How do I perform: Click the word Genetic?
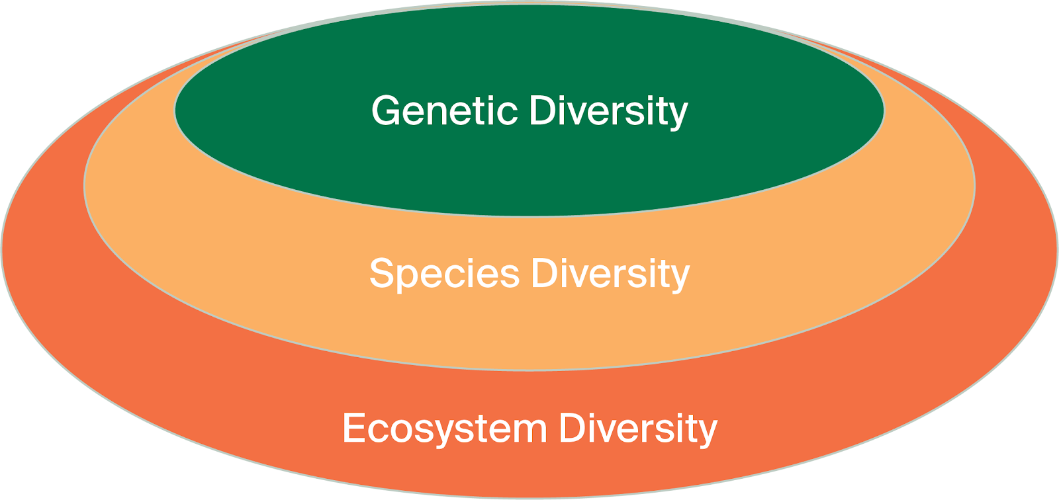pos(444,110)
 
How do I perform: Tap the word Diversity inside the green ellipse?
pos(609,112)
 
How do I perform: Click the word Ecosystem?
pos(444,429)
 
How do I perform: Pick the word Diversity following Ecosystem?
pos(638,429)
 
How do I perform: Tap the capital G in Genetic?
pos(387,110)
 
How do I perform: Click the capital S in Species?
pos(383,272)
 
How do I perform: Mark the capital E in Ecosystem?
pos(353,428)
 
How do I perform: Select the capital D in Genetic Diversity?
pos(542,110)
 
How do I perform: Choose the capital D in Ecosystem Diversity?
pos(571,427)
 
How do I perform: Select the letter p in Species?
pos(410,279)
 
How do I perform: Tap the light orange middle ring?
pos(529,331)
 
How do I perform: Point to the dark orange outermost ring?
pos(529,473)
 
